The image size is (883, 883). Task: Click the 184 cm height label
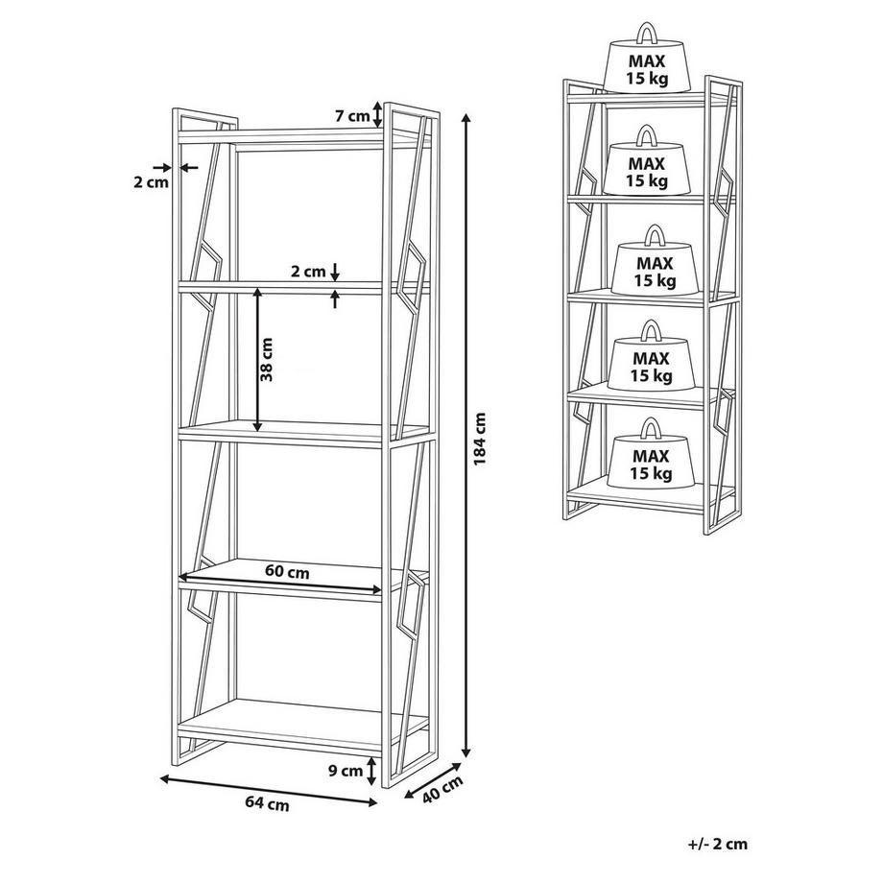pyautogui.click(x=480, y=440)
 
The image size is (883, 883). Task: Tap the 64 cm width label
pyautogui.click(x=268, y=804)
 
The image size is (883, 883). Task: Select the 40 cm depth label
pyautogui.click(x=442, y=790)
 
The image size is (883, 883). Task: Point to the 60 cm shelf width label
pyautogui.click(x=287, y=572)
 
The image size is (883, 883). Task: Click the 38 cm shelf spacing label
pyautogui.click(x=267, y=359)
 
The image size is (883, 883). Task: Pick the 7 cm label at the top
pyautogui.click(x=352, y=116)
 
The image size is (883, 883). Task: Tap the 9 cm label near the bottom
pyautogui.click(x=346, y=771)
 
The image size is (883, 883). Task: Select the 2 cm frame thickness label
pyautogui.click(x=151, y=182)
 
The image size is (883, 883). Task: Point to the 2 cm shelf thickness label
pyautogui.click(x=308, y=272)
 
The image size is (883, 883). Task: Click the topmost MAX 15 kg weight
pyautogui.click(x=648, y=58)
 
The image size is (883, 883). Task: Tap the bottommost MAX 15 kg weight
pyautogui.click(x=651, y=453)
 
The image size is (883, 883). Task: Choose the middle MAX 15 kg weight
pyautogui.click(x=655, y=259)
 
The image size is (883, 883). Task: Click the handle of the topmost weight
pyautogui.click(x=647, y=33)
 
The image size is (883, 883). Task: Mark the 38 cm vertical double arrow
pyautogui.click(x=257, y=359)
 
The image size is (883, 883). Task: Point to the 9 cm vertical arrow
pyautogui.click(x=371, y=771)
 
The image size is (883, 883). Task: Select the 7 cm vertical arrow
pyautogui.click(x=378, y=115)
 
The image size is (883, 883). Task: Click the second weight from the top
pyautogui.click(x=647, y=160)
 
